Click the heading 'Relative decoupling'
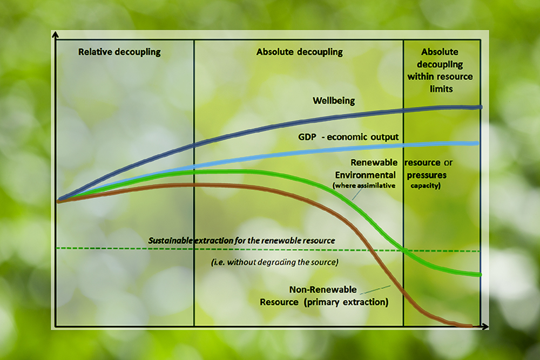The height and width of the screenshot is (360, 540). pyautogui.click(x=119, y=52)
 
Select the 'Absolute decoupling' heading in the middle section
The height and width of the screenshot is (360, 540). pyautogui.click(x=299, y=52)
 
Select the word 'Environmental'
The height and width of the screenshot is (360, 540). pyautogui.click(x=366, y=175)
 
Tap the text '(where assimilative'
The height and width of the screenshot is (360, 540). pyautogui.click(x=364, y=186)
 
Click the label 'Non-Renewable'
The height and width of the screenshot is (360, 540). pyautogui.click(x=322, y=289)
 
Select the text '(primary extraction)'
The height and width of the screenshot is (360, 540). pyautogui.click(x=345, y=302)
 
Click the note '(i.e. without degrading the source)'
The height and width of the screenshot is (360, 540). pyautogui.click(x=274, y=263)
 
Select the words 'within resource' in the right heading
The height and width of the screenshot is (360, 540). pyautogui.click(x=440, y=77)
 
